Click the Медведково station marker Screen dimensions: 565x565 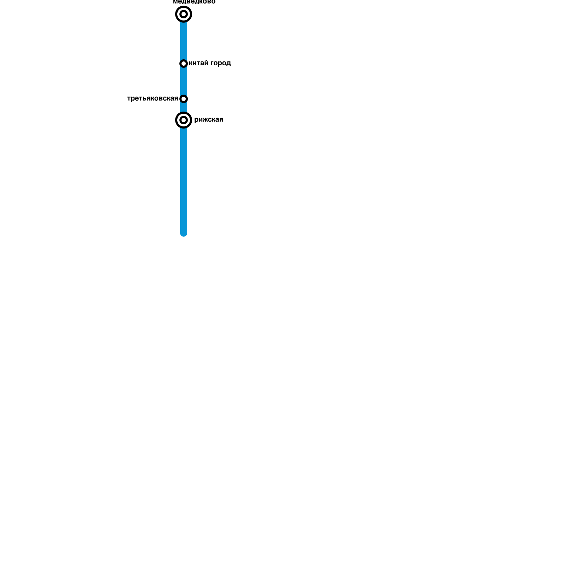(184, 14)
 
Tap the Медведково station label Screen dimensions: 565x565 (194, 2)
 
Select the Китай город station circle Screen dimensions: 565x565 (184, 64)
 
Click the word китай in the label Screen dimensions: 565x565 (198, 63)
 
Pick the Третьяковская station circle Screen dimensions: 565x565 (184, 99)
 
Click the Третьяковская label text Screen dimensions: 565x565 (153, 99)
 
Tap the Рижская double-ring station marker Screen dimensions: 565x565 (184, 120)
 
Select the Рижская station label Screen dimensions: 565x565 (209, 120)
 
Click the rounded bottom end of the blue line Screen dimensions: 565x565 (184, 233)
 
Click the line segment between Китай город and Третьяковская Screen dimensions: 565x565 (184, 81)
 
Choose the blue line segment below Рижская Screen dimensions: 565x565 (184, 177)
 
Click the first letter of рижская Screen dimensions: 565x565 (196, 120)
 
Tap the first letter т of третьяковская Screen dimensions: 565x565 (129, 99)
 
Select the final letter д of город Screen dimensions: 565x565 (228, 64)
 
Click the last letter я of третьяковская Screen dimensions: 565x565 (176, 99)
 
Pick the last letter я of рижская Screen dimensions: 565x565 (221, 120)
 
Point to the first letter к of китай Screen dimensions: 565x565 (191, 63)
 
